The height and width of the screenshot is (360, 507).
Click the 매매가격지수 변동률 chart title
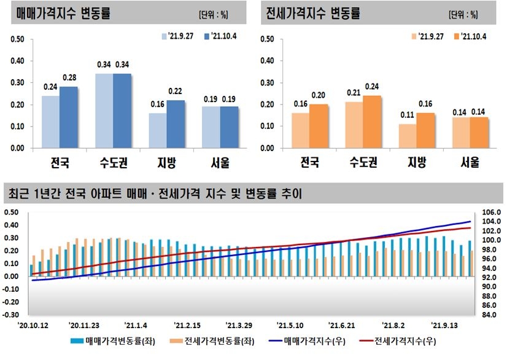(64, 13)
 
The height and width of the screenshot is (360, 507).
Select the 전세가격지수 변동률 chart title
(313, 13)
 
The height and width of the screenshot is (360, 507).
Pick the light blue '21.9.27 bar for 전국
(50, 122)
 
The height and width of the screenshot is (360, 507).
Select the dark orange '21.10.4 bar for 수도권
(371, 122)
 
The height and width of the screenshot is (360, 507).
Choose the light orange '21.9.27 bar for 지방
(408, 136)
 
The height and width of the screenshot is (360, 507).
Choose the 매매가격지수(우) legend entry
(301, 341)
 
